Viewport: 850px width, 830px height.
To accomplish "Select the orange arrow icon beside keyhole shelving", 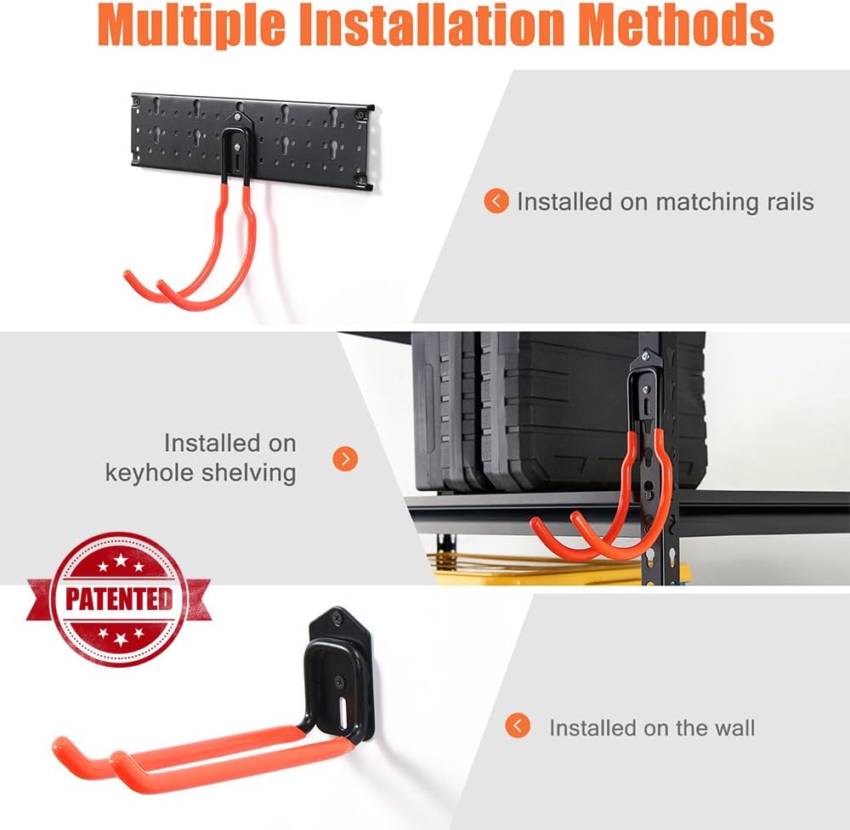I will pyautogui.click(x=344, y=459).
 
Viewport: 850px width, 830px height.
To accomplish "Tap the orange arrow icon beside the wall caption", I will pyautogui.click(x=518, y=726).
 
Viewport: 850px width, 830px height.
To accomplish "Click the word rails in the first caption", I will pyautogui.click(x=785, y=202).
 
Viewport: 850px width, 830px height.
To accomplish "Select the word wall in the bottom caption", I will pyautogui.click(x=734, y=728).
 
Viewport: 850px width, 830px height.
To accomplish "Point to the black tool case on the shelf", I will pyautogui.click(x=552, y=408).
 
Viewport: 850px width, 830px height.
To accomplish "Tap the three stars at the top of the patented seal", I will pyautogui.click(x=119, y=564).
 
